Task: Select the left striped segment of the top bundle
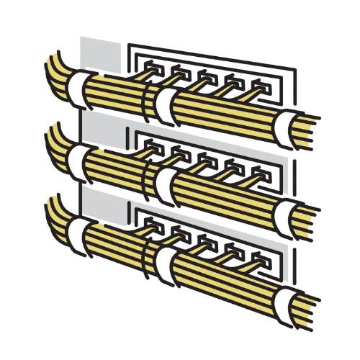[x=112, y=94]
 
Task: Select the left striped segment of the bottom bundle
[x=112, y=241]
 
